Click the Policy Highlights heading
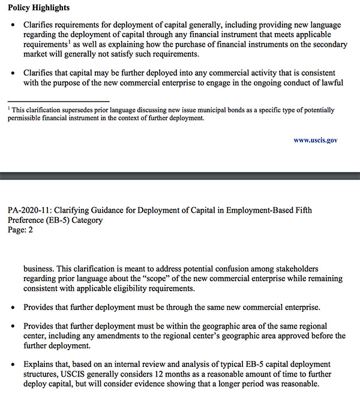click(x=38, y=8)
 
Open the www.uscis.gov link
click(x=316, y=140)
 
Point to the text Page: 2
click(x=20, y=229)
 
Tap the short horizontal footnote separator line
click(x=58, y=101)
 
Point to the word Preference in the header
click(x=27, y=220)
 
